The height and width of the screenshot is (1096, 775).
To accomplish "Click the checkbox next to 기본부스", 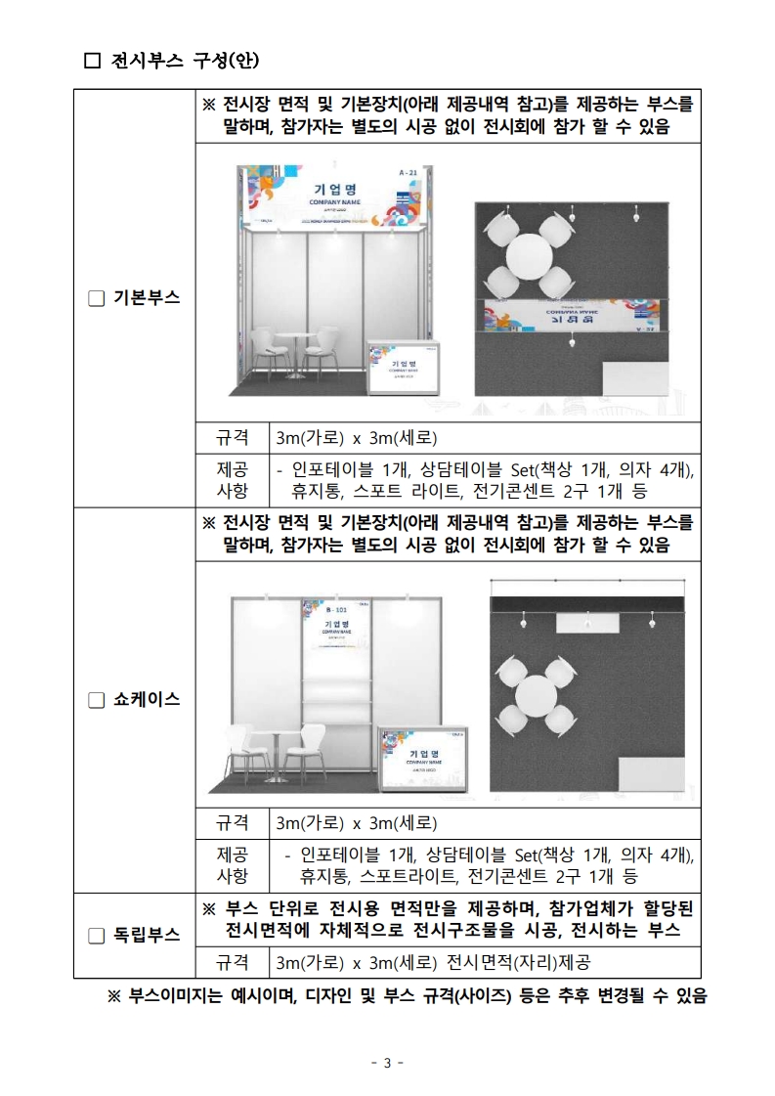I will coord(96,298).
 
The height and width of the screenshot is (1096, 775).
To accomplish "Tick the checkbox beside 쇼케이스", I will coord(96,700).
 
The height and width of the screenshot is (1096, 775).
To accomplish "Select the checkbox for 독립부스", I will coord(96,935).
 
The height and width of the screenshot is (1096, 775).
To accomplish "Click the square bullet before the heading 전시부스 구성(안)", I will coord(93,61).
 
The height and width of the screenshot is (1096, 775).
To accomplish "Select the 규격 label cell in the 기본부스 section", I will coord(232,436).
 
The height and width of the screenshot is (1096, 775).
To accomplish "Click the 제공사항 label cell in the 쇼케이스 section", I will coord(232,863).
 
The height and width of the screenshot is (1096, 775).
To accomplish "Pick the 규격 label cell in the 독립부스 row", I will coord(232,962).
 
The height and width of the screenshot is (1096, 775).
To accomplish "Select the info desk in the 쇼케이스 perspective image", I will coord(423,761).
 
